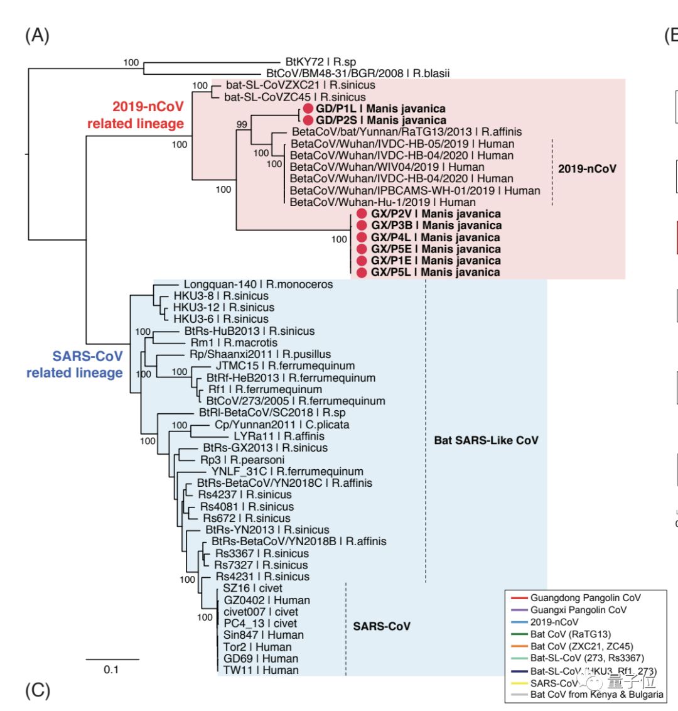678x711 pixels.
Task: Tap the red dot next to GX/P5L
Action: click(x=362, y=273)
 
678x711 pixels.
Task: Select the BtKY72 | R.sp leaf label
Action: click(x=320, y=62)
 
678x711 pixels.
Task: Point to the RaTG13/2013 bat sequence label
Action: click(x=407, y=132)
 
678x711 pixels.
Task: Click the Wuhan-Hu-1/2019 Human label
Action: click(x=383, y=202)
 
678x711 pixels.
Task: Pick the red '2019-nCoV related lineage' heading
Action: click(x=136, y=115)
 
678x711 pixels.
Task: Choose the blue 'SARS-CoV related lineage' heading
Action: click(x=75, y=364)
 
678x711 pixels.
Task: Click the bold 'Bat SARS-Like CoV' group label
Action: click(x=486, y=440)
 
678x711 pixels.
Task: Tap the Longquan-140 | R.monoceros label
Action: click(x=258, y=285)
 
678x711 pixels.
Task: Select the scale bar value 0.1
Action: click(x=111, y=670)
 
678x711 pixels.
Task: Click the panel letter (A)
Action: click(x=37, y=35)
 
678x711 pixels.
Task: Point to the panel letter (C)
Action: click(x=37, y=691)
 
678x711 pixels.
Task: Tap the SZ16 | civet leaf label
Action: click(x=252, y=589)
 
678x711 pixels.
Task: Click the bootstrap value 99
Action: click(x=242, y=124)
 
